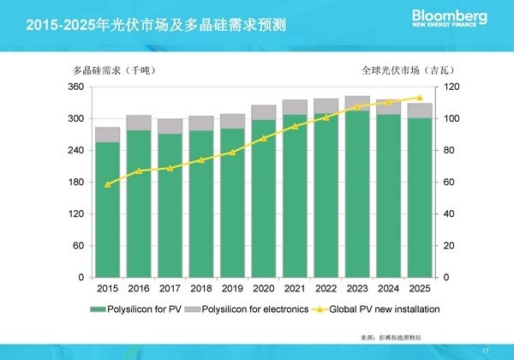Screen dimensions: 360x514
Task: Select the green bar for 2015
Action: click(107, 210)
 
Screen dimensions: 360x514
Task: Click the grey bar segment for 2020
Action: click(263, 112)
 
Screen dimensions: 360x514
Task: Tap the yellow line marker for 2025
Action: click(419, 98)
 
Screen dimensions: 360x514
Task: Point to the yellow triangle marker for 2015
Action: click(107, 184)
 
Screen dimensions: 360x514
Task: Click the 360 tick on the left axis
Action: click(77, 87)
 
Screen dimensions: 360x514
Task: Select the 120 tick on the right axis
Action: click(450, 87)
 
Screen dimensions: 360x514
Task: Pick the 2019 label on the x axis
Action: click(232, 290)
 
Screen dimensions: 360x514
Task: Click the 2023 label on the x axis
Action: click(356, 290)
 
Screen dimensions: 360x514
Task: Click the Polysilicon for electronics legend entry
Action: click(253, 308)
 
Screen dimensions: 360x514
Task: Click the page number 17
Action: click(486, 349)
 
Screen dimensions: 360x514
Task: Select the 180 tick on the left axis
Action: click(77, 183)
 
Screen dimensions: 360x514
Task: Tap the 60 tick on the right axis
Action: click(448, 183)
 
